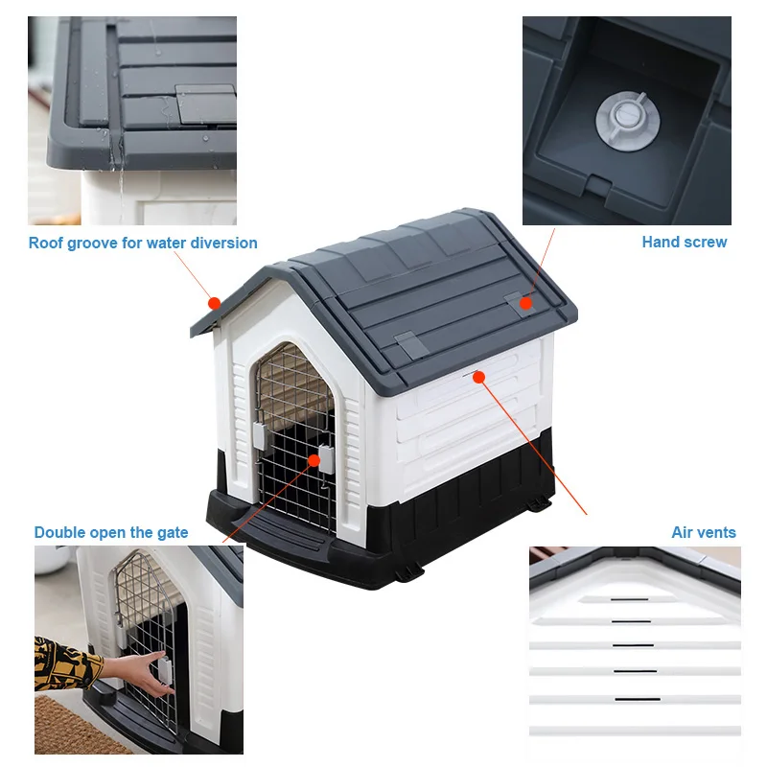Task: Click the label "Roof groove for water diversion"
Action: coord(143,243)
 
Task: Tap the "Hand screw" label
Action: coord(684,242)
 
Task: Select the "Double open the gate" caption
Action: coord(111,532)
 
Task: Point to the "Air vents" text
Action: coord(704,532)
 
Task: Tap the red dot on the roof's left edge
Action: coord(215,303)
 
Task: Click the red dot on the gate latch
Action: coord(314,460)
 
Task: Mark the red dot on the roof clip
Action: coord(525,304)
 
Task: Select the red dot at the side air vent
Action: coord(479,377)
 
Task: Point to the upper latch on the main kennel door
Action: coord(259,434)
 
